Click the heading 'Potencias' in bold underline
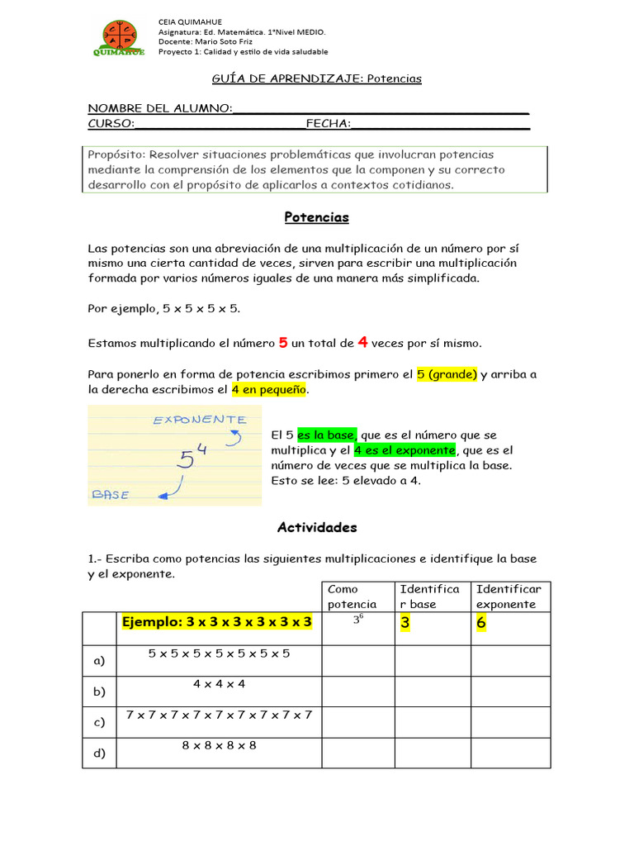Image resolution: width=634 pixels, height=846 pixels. point(317,217)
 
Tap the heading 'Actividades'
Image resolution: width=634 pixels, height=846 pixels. point(317,527)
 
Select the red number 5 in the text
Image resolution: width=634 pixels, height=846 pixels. point(283,342)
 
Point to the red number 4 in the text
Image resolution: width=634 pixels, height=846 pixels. point(362,342)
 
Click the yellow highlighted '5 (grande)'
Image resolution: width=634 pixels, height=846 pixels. point(447,374)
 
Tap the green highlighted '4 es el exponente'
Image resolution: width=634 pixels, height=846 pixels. point(405,450)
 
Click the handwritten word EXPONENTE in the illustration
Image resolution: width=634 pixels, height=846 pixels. point(199,420)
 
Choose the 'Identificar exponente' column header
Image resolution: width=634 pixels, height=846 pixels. point(509,596)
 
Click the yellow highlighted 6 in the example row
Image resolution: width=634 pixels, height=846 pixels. point(481,623)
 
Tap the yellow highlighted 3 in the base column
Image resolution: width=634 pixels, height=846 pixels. point(405,623)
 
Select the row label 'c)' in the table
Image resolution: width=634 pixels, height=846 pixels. point(99,723)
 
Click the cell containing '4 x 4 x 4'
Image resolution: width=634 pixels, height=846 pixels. point(219,684)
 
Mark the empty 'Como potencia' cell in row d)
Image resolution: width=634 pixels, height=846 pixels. point(357,753)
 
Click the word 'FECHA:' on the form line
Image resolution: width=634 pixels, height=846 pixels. point(328,124)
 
